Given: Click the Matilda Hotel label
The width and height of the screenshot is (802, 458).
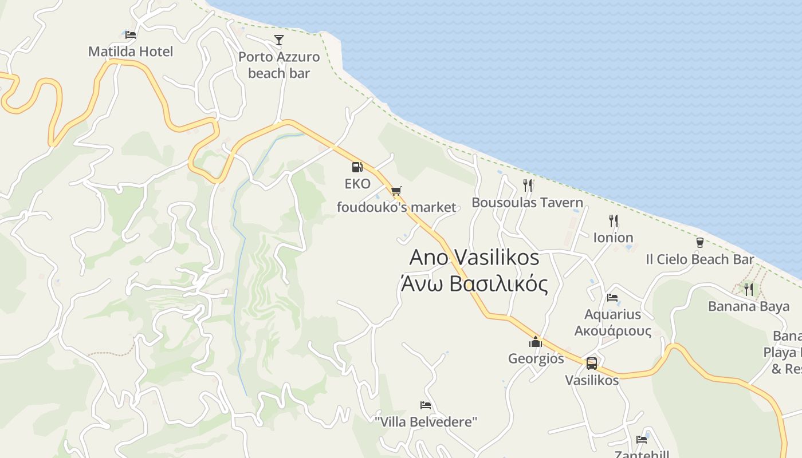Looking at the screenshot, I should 130,52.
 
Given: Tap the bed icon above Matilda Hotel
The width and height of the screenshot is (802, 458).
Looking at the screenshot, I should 131,34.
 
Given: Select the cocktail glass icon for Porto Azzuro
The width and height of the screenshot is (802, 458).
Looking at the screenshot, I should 279,40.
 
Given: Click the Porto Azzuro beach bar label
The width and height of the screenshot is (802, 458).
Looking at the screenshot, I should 279,65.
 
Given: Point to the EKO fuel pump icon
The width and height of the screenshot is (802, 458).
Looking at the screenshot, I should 357,167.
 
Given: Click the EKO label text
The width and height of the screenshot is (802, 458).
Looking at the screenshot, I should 357,184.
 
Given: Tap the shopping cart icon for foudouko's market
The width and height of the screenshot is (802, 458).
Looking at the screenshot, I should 396,191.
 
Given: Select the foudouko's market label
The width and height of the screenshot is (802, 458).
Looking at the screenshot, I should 396,207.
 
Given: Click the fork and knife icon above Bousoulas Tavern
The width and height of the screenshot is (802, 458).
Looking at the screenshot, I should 528,185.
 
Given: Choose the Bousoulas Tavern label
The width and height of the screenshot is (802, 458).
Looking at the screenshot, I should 527,203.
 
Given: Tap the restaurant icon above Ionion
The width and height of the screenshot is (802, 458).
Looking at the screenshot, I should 613,220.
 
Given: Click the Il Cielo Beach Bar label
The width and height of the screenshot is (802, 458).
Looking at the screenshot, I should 699,259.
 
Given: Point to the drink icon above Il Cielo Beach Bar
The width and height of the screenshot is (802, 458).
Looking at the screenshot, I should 699,243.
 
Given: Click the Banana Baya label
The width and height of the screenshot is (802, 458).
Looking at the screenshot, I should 749,306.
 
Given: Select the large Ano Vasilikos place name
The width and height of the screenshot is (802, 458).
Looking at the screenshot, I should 474,258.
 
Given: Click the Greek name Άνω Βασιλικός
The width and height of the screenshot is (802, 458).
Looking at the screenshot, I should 474,284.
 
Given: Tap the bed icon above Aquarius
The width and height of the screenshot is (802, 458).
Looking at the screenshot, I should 612,298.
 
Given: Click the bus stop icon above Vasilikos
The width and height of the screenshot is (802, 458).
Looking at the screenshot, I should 592,363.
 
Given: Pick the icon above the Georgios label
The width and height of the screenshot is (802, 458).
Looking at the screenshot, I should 536,342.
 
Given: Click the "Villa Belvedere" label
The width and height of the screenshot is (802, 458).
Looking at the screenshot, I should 426,423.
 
